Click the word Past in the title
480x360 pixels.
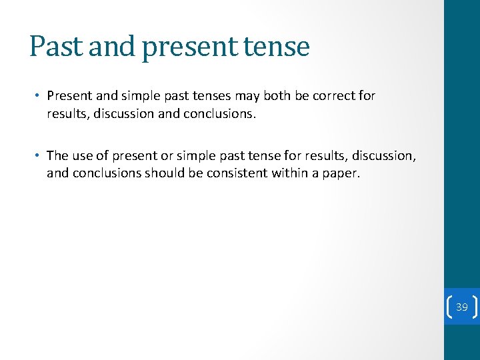[x=57, y=47]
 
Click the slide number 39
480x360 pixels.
[x=461, y=307]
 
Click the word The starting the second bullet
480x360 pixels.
[x=57, y=156]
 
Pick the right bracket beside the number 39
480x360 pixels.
[x=475, y=307]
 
